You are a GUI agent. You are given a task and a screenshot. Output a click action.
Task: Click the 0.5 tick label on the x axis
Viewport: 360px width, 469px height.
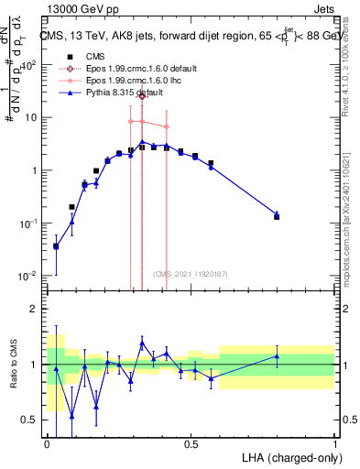191,442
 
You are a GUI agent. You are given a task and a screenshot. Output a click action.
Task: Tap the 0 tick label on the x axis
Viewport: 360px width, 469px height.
47,442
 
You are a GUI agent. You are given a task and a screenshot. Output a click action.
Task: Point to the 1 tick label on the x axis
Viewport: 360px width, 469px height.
334,442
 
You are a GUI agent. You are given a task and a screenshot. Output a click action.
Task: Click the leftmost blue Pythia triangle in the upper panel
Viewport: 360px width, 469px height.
56,245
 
